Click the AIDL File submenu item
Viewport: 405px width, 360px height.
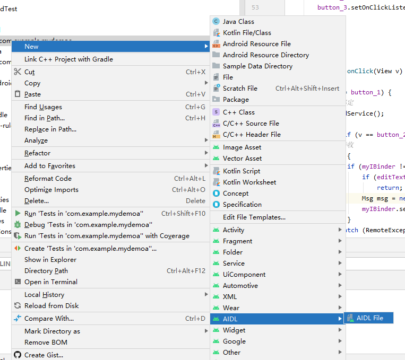pyautogui.click(x=369, y=318)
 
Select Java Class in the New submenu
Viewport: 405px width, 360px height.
pyautogui.click(x=238, y=22)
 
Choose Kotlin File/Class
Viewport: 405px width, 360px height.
pyautogui.click(x=247, y=33)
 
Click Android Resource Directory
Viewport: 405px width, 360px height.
pyautogui.click(x=265, y=55)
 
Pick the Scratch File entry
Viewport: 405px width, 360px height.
pyautogui.click(x=240, y=89)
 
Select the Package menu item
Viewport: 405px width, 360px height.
pyautogui.click(x=236, y=100)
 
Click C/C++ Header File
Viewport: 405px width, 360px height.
pyautogui.click(x=252, y=135)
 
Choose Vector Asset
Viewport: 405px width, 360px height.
pyautogui.click(x=242, y=159)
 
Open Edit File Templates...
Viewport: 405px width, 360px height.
pyautogui.click(x=254, y=217)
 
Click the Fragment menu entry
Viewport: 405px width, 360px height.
pyautogui.click(x=237, y=241)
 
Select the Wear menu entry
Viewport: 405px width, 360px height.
pyautogui.click(x=231, y=308)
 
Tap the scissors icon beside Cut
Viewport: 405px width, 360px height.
pyautogui.click(x=18, y=72)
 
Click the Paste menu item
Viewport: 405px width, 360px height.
pyautogui.click(x=32, y=94)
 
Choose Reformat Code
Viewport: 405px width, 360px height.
pyautogui.click(x=48, y=179)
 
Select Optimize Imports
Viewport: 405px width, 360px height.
pyautogui.click(x=51, y=190)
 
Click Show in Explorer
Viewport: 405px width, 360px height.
pyautogui.click(x=50, y=260)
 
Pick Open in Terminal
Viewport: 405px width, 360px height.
pyautogui.click(x=51, y=282)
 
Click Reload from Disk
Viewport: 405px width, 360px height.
pyautogui.click(x=51, y=306)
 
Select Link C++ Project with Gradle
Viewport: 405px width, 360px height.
pyautogui.click(x=68, y=59)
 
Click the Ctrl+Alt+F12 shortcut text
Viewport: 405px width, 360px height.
pyautogui.click(x=186, y=271)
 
